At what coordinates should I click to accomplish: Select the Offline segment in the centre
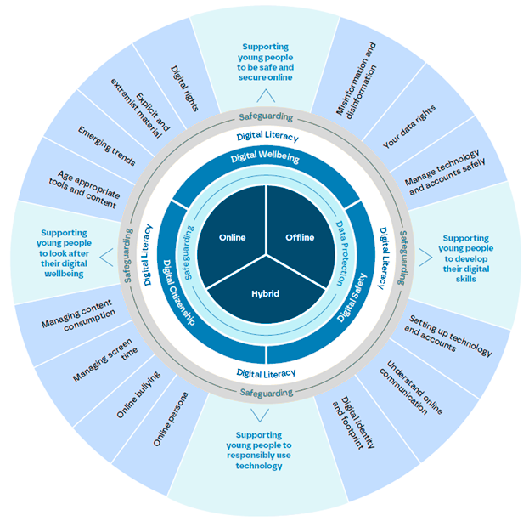pos(298,236)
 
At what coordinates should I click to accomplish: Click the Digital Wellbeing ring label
pos(266,157)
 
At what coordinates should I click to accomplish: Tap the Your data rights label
pos(409,126)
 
